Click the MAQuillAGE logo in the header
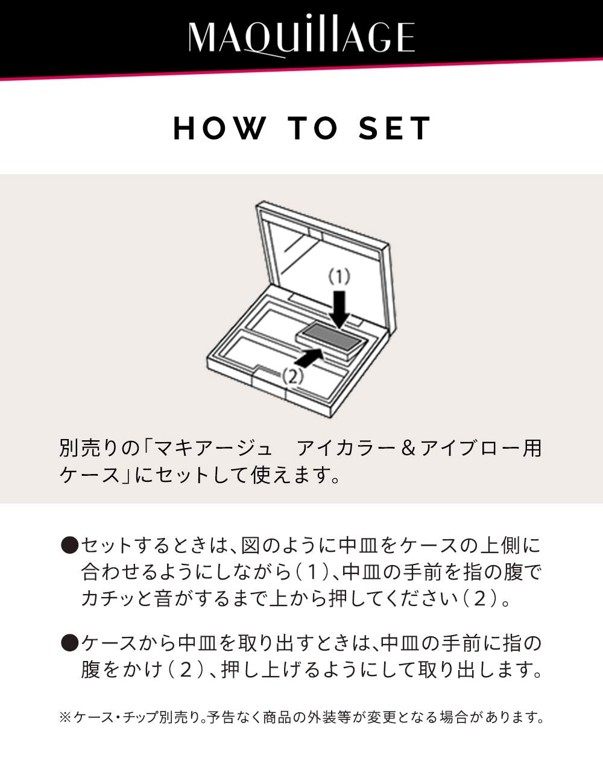coord(301,37)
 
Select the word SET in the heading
coord(395,128)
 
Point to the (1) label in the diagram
coord(339,277)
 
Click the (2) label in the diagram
coord(291,376)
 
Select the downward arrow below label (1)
coord(339,308)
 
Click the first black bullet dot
coord(70,546)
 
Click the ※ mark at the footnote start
coord(65,717)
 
